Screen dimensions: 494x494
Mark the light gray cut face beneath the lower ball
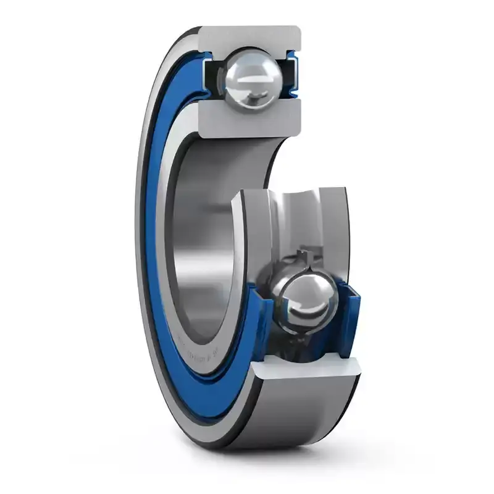point(309,367)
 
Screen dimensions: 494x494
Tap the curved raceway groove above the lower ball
point(296,216)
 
